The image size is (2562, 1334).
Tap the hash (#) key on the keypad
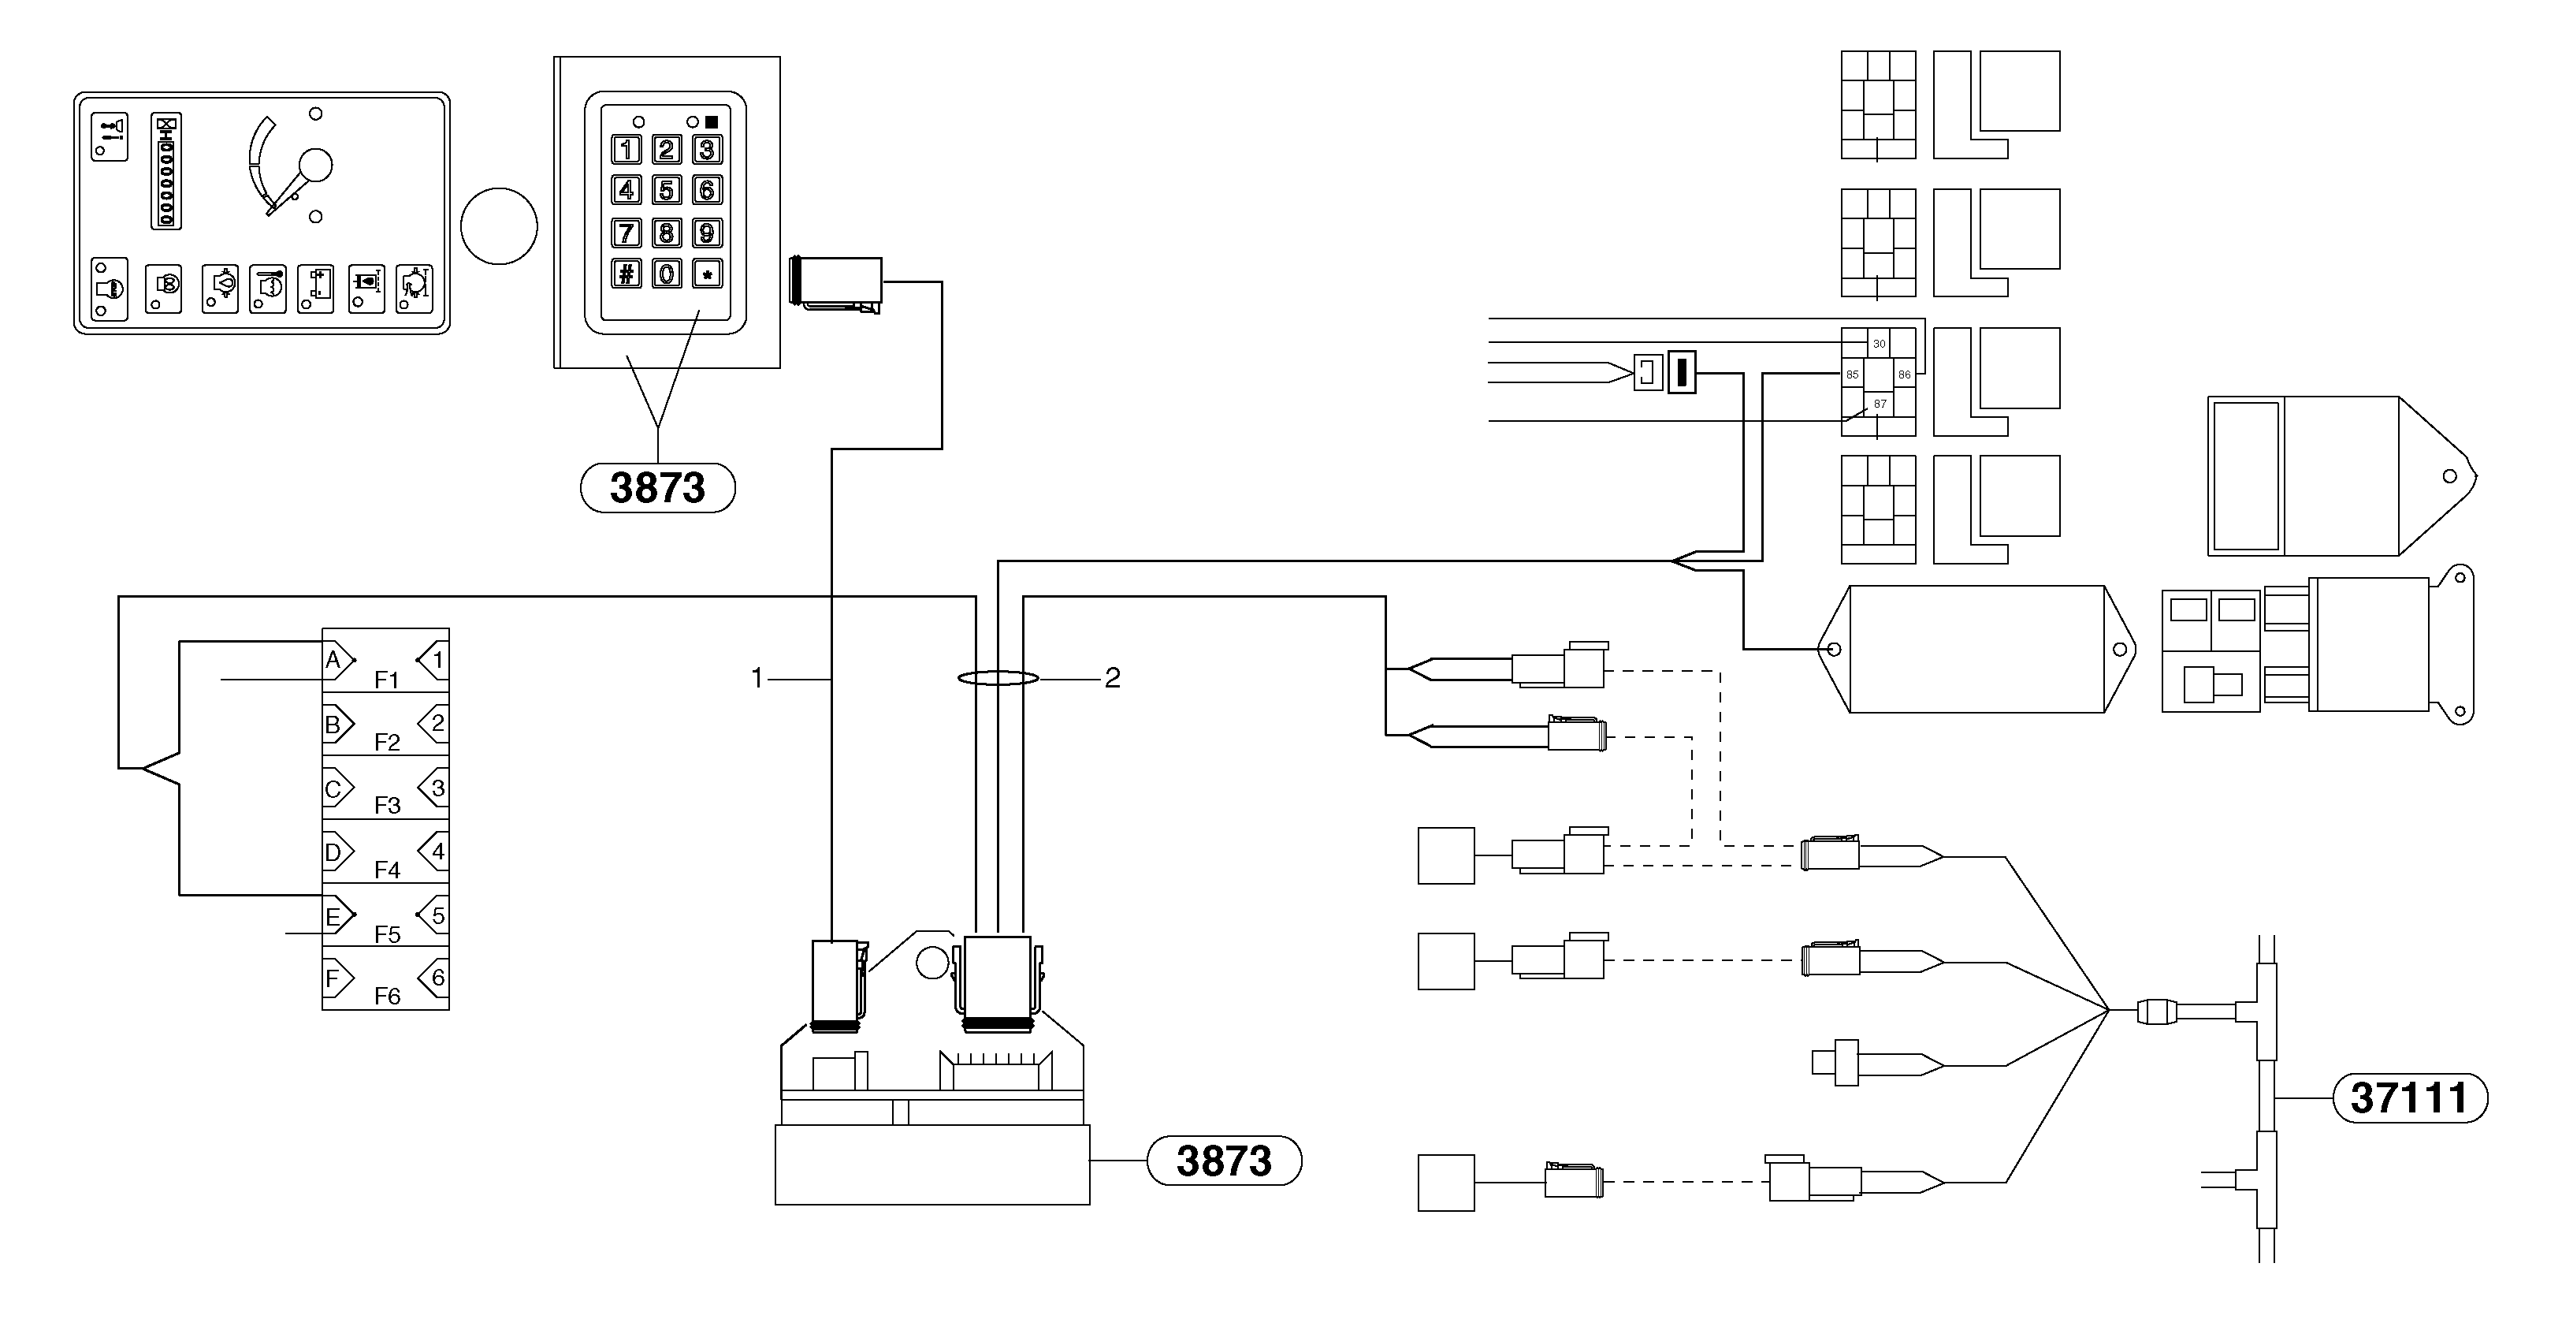point(626,274)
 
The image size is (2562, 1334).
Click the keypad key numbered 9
point(706,233)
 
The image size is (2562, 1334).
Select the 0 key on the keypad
point(667,274)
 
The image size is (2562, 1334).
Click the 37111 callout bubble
point(2409,1098)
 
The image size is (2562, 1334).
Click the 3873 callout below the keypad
point(657,487)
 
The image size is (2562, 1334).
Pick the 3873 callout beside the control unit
point(1223,1161)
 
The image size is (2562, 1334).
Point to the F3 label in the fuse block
point(387,805)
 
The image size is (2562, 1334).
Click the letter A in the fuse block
point(333,660)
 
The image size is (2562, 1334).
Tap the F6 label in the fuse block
point(387,996)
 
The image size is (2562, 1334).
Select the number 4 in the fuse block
point(437,851)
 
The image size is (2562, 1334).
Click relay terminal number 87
point(1879,404)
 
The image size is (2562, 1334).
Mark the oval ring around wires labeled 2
point(998,679)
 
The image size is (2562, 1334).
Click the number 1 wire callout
point(757,679)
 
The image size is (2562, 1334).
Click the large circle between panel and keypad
point(500,225)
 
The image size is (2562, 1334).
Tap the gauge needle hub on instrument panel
point(315,165)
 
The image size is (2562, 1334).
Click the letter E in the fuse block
point(333,917)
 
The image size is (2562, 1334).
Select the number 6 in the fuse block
point(437,978)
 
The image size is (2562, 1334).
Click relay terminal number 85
point(1852,375)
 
